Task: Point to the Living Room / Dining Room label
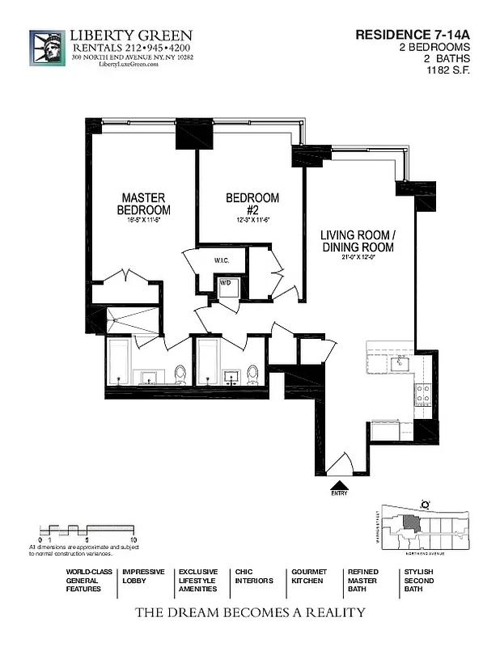[358, 238]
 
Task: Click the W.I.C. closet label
[224, 261]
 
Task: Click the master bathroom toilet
[180, 373]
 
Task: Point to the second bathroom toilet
[252, 373]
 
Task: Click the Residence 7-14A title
[413, 35]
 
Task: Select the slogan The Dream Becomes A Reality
[250, 612]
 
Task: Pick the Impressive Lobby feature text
[143, 576]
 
